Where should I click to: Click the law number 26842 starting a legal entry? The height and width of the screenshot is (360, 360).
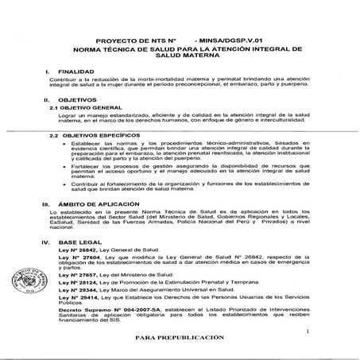pos(79,248)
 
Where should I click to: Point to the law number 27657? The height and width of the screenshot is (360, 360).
pos(79,275)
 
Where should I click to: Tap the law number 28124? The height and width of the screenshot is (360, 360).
pos(79,282)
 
